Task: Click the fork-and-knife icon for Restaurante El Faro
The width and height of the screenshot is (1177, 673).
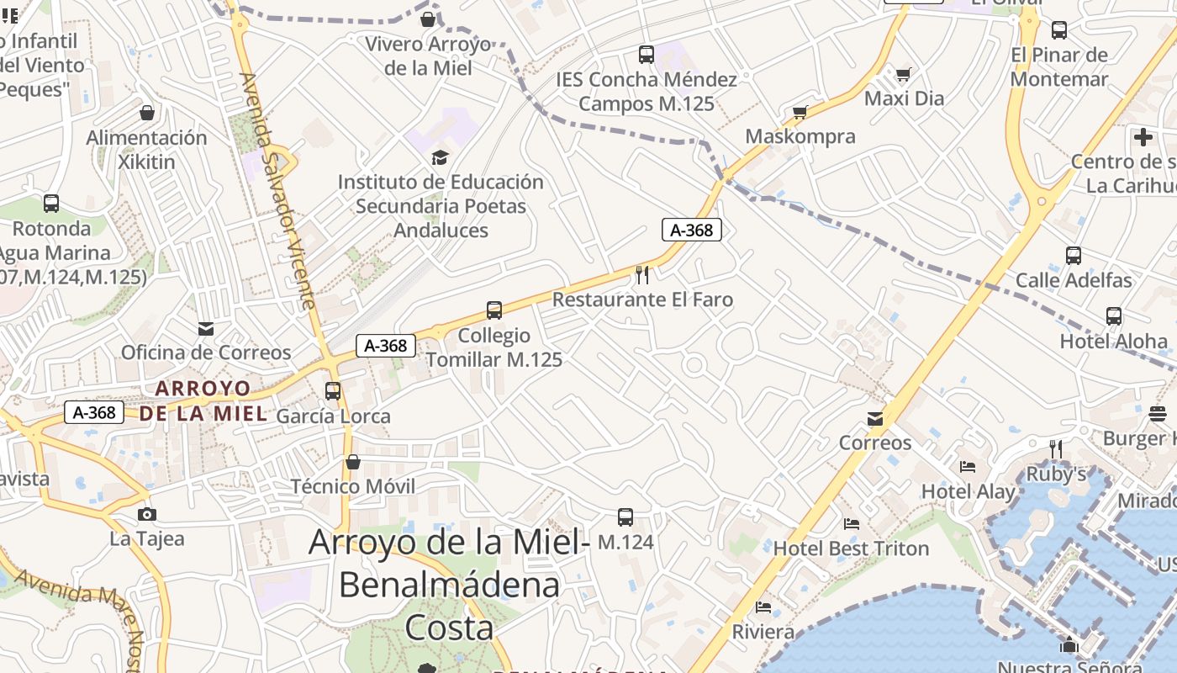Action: tap(642, 274)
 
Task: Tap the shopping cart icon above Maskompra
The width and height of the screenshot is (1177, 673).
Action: tap(800, 112)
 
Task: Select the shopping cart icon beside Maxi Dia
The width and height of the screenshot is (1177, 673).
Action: tap(903, 75)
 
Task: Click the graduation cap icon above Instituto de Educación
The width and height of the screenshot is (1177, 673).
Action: tap(440, 157)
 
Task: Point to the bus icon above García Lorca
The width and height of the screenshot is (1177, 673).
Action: tap(333, 391)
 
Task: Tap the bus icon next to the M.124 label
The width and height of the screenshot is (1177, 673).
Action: tap(625, 517)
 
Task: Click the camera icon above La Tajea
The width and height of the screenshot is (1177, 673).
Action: tap(146, 514)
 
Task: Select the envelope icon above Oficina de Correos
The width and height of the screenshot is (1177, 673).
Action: tap(206, 329)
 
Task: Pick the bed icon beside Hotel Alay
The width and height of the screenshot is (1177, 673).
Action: tap(968, 467)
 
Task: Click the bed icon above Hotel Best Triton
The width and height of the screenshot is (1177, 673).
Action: tap(852, 524)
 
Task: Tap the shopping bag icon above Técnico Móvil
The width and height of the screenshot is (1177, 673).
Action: tap(353, 462)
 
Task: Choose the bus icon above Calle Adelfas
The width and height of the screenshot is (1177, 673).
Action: tap(1073, 256)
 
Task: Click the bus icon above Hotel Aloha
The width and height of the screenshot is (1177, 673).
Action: tap(1114, 316)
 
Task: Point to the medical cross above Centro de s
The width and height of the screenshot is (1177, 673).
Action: tap(1143, 137)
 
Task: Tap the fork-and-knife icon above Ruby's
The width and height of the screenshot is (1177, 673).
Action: tap(1056, 449)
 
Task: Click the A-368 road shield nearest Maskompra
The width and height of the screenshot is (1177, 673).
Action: tap(692, 230)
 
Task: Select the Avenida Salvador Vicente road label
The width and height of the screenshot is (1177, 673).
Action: tap(277, 190)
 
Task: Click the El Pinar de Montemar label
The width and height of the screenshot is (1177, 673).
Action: tap(1059, 67)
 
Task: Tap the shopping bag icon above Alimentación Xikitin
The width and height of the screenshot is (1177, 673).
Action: tap(147, 113)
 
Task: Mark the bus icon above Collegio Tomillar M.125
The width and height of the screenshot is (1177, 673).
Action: tap(494, 310)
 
